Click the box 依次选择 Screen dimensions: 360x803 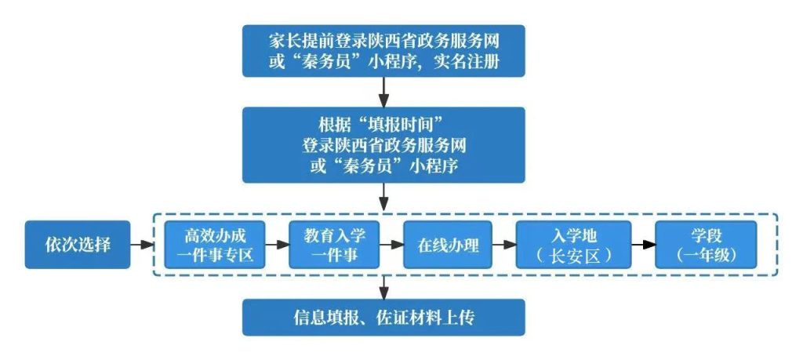[x=77, y=244]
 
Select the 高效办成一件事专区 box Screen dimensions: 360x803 [x=214, y=244]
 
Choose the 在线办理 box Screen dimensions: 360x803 [x=445, y=244]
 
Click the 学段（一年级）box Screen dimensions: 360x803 [x=706, y=244]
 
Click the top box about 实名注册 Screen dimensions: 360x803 [x=383, y=50]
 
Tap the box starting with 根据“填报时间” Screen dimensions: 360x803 [x=383, y=146]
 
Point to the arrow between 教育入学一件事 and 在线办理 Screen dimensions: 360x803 [x=390, y=245]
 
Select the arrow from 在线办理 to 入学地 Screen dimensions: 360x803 [x=502, y=245]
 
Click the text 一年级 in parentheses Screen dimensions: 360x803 [x=706, y=256]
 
